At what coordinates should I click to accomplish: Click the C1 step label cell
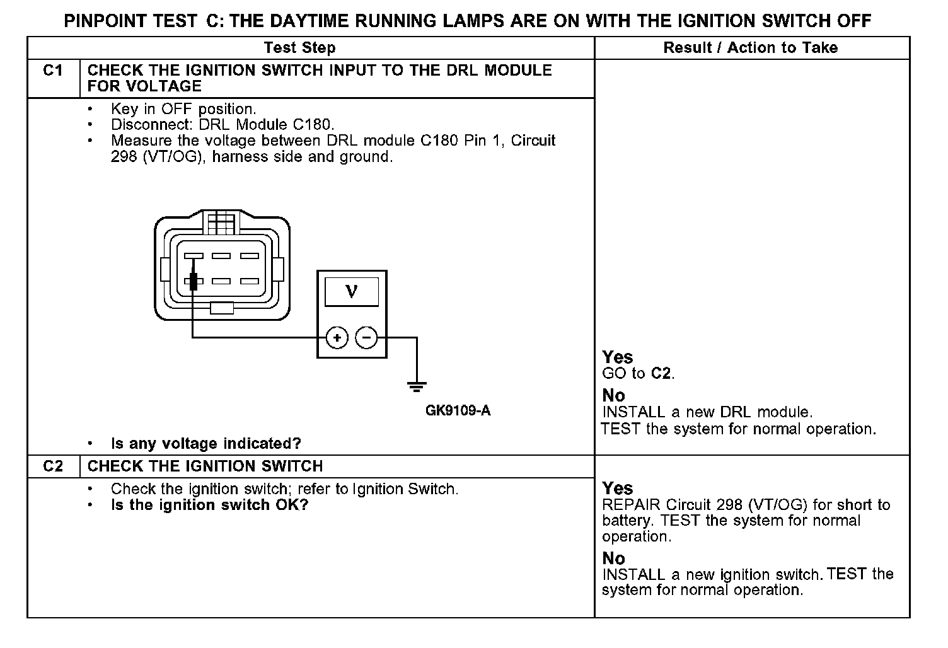click(53, 71)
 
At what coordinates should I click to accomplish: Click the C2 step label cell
click(53, 466)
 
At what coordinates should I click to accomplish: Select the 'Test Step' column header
click(299, 48)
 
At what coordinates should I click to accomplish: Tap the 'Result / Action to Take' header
click(750, 48)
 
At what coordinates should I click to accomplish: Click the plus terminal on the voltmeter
click(337, 338)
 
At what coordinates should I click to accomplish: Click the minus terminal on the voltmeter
click(367, 338)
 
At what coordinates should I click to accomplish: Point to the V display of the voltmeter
click(352, 291)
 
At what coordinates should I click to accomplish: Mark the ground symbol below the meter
click(417, 385)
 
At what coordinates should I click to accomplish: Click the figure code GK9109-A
click(458, 412)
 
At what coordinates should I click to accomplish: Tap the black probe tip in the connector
click(194, 281)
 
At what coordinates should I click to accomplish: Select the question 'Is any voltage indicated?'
click(205, 444)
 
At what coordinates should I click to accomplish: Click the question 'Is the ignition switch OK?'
click(209, 505)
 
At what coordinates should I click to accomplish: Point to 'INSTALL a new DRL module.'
click(707, 412)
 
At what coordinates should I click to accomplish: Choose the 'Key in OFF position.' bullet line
click(183, 109)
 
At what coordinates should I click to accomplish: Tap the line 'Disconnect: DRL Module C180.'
click(222, 125)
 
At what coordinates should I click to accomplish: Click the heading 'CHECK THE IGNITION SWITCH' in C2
click(205, 466)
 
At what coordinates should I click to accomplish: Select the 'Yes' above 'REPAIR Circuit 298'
click(617, 489)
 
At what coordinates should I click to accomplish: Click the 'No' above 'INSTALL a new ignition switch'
click(613, 558)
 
